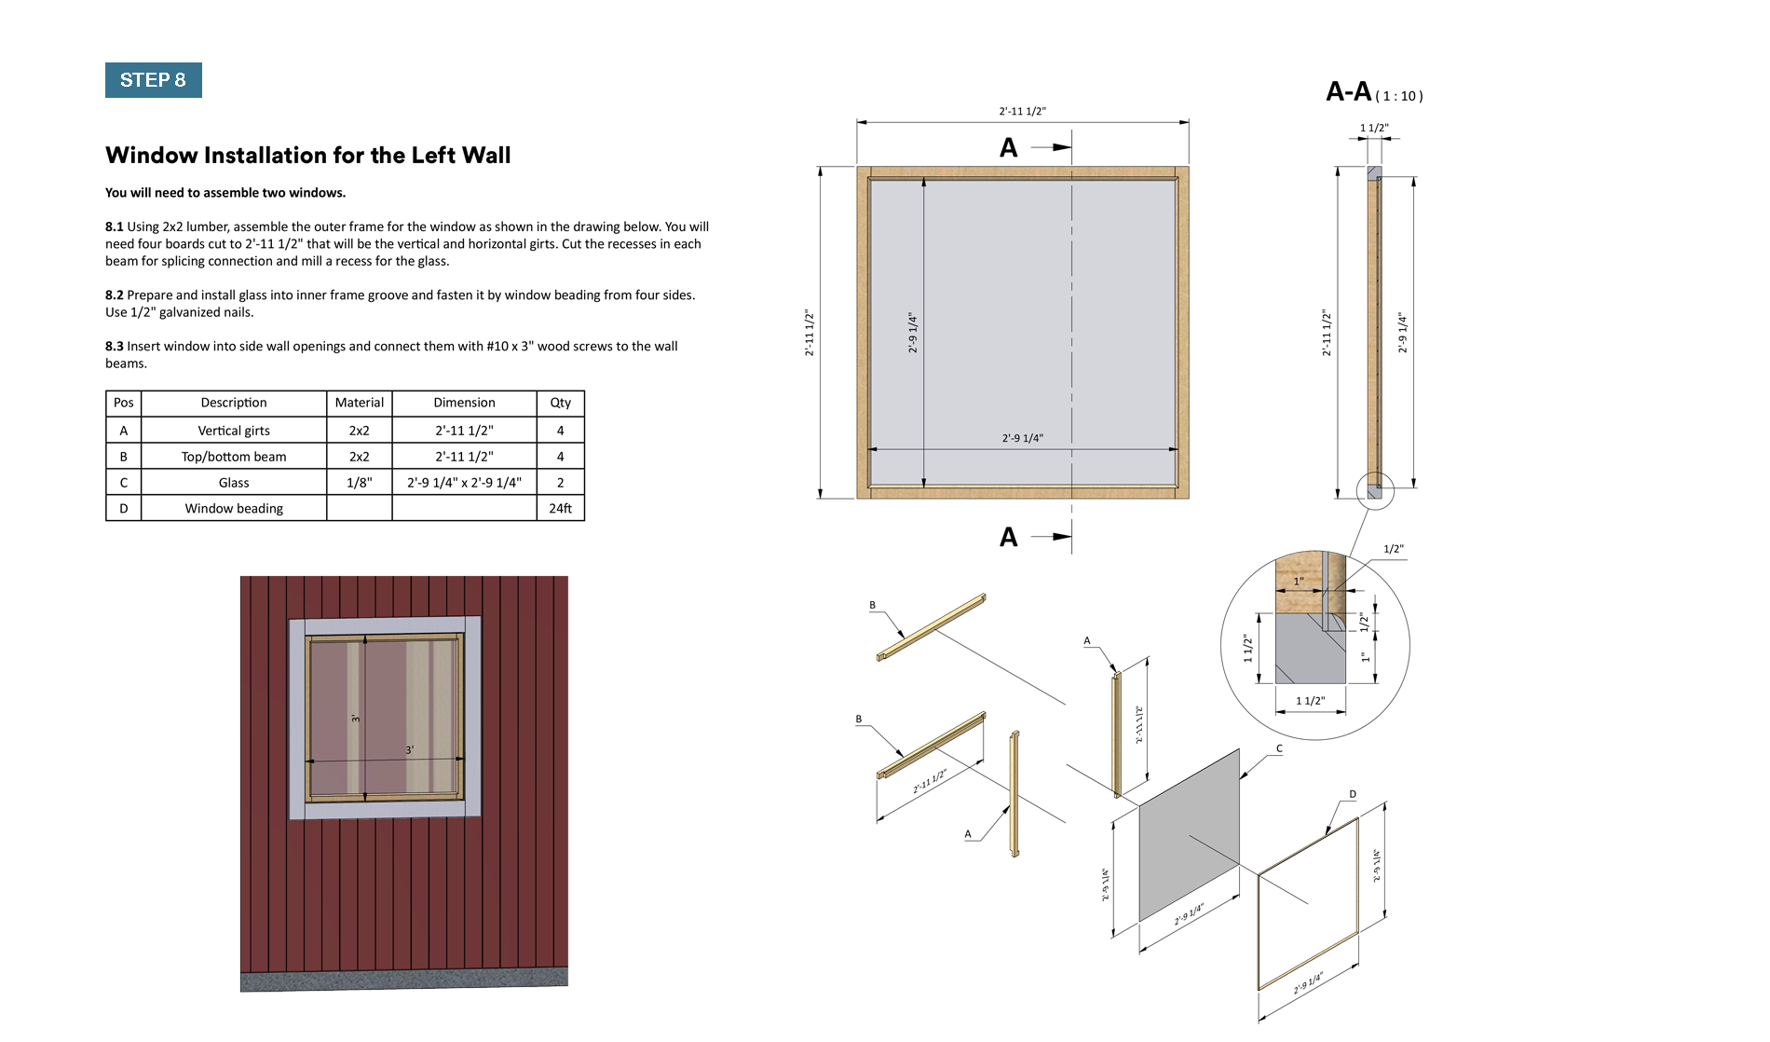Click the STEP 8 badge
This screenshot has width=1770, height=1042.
[153, 80]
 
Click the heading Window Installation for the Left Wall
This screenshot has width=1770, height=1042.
[307, 155]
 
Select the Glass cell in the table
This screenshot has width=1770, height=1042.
[234, 483]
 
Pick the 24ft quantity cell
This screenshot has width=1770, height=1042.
[560, 508]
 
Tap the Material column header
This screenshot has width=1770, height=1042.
[359, 403]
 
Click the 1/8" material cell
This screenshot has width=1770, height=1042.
[359, 483]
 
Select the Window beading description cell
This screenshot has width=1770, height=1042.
[234, 508]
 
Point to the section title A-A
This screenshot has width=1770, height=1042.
[1348, 91]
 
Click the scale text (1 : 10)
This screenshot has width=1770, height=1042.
[1399, 96]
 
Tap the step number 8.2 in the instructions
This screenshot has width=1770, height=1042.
[114, 295]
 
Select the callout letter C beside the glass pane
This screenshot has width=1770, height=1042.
[1279, 748]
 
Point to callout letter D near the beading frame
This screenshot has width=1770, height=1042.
[1353, 795]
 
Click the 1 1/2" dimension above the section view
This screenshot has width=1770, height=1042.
[1374, 128]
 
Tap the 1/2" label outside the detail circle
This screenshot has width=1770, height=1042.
[1393, 549]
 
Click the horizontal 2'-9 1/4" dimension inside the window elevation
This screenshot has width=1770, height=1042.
[1022, 438]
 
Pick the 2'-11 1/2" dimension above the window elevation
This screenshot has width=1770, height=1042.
[1022, 112]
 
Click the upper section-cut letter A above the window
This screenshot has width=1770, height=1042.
[1008, 148]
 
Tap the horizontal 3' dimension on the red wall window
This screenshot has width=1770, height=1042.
[409, 750]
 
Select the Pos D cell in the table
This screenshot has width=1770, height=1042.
[123, 508]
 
